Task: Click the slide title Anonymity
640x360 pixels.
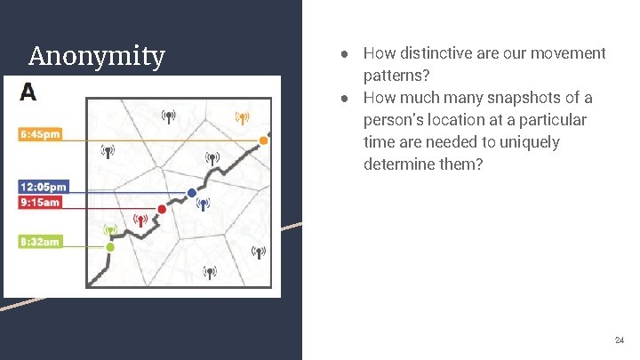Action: pos(96,57)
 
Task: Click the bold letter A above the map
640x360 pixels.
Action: pos(28,92)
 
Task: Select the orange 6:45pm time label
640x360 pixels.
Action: pos(41,135)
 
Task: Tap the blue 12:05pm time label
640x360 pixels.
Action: pos(43,187)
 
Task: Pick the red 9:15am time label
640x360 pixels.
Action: pos(41,202)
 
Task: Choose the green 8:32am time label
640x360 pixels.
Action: pos(41,242)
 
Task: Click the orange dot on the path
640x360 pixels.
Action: pos(264,140)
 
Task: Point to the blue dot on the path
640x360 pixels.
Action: pos(191,193)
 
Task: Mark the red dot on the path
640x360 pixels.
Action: pos(162,210)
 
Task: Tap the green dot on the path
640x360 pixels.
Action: pos(110,247)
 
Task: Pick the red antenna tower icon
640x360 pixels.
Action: pos(139,220)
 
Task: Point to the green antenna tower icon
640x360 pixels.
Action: pos(110,230)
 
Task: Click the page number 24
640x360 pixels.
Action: pos(620,340)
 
